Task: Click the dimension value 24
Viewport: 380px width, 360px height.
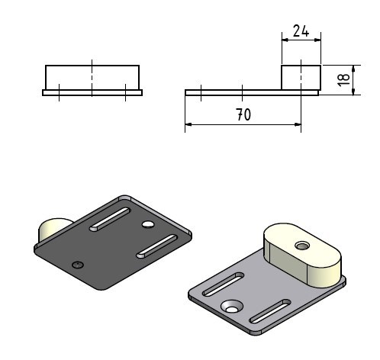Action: click(301, 31)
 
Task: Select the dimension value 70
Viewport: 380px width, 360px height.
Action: click(243, 114)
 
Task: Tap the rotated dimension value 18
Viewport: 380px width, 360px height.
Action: click(343, 80)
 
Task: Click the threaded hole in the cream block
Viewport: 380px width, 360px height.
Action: click(302, 246)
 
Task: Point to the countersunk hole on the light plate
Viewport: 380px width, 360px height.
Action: click(231, 307)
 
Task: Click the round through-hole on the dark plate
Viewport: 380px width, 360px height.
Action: click(148, 224)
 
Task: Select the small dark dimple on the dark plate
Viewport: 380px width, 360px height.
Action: click(78, 265)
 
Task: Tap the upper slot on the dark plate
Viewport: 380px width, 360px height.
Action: click(110, 219)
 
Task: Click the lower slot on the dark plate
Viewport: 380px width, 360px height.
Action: click(156, 246)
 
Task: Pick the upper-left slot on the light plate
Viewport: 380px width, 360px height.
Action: click(223, 284)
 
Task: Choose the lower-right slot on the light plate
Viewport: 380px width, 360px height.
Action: click(270, 311)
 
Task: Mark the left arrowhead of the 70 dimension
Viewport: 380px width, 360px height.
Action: click(188, 124)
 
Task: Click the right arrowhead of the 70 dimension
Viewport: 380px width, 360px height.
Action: click(298, 124)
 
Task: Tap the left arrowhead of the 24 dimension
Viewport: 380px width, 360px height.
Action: click(285, 40)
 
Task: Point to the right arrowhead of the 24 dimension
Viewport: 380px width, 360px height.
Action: click(317, 40)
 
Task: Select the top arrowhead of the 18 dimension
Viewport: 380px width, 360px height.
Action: click(353, 69)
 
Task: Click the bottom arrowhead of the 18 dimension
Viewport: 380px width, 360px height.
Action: click(353, 92)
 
